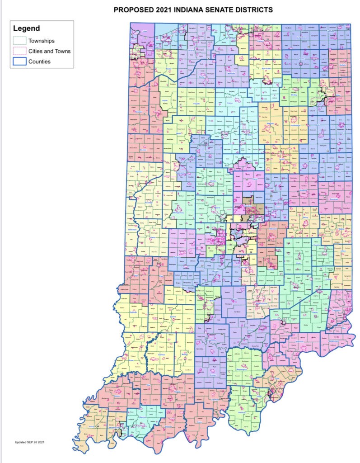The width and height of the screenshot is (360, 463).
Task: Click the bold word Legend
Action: (26, 28)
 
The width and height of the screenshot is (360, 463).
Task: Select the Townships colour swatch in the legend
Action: (19, 41)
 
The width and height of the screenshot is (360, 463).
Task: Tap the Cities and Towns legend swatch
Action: (19, 51)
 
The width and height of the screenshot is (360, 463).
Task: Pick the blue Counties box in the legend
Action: (19, 61)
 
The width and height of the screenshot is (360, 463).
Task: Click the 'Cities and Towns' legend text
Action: (49, 51)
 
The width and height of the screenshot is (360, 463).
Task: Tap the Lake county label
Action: (145, 32)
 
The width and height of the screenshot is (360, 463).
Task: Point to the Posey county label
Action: (94, 425)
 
